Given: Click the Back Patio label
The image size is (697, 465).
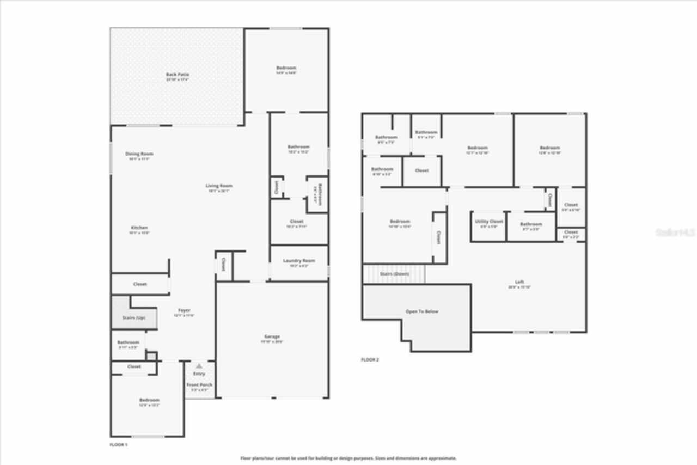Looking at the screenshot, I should pyautogui.click(x=178, y=75).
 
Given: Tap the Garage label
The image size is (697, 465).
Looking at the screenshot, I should pyautogui.click(x=272, y=337).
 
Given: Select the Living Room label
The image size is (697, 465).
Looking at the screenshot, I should pyautogui.click(x=219, y=186).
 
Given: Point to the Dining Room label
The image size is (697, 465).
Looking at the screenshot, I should pyautogui.click(x=139, y=154).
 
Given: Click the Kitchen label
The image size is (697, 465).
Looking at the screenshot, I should pyautogui.click(x=139, y=228).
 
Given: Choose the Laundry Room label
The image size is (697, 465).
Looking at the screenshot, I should pyautogui.click(x=299, y=261).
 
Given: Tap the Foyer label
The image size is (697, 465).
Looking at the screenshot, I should pyautogui.click(x=184, y=310).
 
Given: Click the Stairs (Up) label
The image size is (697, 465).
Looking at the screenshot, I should pyautogui.click(x=133, y=317).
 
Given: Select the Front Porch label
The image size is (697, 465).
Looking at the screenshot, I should pyautogui.click(x=199, y=385).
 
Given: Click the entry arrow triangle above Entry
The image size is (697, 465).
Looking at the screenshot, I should pyautogui.click(x=199, y=366).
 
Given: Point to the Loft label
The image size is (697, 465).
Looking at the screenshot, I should pyautogui.click(x=519, y=282).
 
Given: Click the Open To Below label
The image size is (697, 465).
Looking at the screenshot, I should pyautogui.click(x=421, y=311).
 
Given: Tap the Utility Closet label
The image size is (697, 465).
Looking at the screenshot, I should pyautogui.click(x=488, y=222).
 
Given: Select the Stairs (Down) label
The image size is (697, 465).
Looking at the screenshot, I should pyautogui.click(x=395, y=274).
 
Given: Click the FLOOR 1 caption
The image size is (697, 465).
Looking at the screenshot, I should pyautogui.click(x=118, y=445).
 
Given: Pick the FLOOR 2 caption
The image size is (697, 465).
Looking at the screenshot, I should pyautogui.click(x=370, y=360).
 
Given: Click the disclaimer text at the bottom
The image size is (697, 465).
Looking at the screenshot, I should pyautogui.click(x=348, y=458).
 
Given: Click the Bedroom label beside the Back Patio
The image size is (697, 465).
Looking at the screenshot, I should pyautogui.click(x=286, y=68).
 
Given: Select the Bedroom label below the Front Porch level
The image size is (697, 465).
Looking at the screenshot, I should pyautogui.click(x=149, y=400).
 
